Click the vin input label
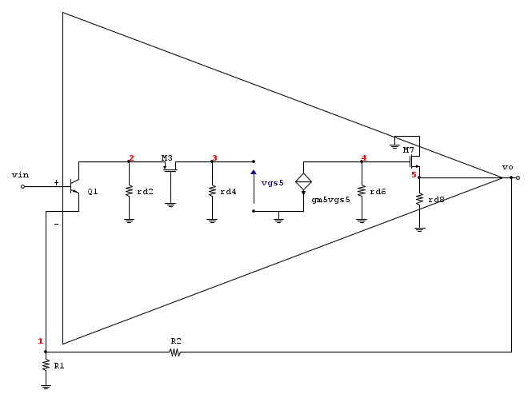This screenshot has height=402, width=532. click(x=20, y=175)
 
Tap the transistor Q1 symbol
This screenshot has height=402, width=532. click(x=74, y=186)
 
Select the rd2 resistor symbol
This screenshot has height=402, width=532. click(x=129, y=191)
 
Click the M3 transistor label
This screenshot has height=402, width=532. click(x=167, y=158)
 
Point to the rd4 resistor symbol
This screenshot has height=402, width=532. click(x=212, y=191)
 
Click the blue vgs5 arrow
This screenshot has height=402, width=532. click(x=254, y=187)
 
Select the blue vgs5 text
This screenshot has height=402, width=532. click(x=273, y=183)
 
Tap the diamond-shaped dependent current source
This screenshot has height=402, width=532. click(x=304, y=182)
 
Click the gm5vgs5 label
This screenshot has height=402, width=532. click(x=331, y=200)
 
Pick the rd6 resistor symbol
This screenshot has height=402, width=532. click(x=362, y=191)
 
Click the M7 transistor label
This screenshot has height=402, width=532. click(x=409, y=149)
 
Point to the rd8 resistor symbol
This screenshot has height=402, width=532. click(x=420, y=199)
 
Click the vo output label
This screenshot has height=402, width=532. click(x=507, y=167)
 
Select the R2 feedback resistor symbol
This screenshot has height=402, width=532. click(x=175, y=352)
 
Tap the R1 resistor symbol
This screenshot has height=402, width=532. click(x=46, y=365)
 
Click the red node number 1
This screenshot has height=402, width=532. click(x=41, y=341)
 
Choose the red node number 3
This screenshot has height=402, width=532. click(x=214, y=158)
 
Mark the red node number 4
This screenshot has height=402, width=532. click(x=364, y=158)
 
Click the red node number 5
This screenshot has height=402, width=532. click(x=414, y=175)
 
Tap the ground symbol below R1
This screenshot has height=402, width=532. click(x=46, y=387)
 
